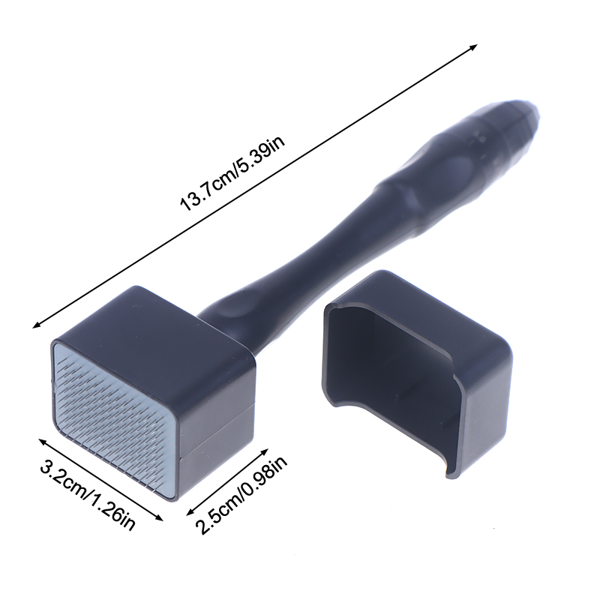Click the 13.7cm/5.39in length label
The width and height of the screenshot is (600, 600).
tap(232, 174)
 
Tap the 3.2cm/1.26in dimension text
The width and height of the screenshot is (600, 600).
tap(88, 496)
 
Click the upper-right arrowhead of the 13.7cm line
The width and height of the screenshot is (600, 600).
tap(474, 46)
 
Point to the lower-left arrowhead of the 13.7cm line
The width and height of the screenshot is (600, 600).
tap(36, 325)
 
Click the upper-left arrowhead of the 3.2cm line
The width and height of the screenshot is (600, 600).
tap(43, 442)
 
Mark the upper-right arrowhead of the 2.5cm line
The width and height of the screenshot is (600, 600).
tap(264, 451)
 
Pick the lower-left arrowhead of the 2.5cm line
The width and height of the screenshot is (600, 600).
tap(190, 513)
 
